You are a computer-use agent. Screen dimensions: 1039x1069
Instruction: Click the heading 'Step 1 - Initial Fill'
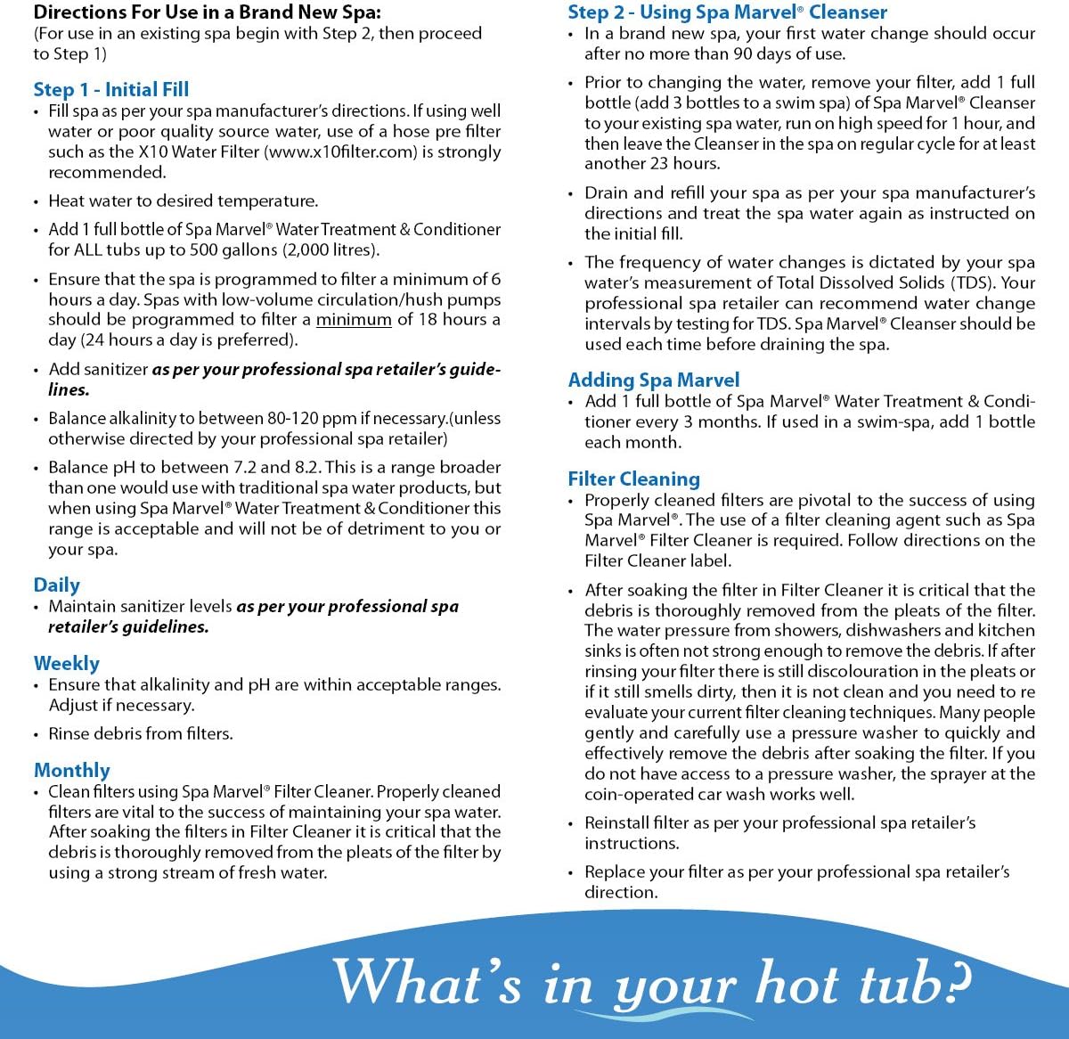(x=111, y=89)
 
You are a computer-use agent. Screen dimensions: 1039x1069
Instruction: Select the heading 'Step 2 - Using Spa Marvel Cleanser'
(x=727, y=12)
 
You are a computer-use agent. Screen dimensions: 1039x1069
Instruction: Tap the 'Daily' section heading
(x=57, y=585)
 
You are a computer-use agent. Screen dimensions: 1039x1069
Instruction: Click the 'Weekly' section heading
(x=67, y=663)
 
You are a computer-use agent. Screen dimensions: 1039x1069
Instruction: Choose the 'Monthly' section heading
(x=72, y=770)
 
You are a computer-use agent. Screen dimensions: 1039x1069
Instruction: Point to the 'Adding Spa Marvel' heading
(x=654, y=380)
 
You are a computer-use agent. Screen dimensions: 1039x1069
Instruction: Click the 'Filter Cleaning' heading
(x=634, y=479)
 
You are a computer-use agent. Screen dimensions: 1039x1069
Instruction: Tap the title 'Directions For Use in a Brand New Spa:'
(x=207, y=13)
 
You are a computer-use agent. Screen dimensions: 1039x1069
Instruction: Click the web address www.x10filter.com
(x=340, y=151)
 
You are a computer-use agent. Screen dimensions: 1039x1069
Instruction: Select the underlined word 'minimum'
(x=354, y=320)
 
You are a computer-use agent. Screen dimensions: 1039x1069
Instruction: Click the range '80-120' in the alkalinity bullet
(x=272, y=418)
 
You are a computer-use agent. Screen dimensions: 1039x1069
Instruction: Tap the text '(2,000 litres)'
(x=330, y=250)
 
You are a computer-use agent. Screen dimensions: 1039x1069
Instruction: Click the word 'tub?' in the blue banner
(x=913, y=983)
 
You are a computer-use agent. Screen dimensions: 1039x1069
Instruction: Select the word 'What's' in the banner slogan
(x=427, y=983)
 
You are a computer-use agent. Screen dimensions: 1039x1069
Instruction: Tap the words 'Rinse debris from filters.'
(x=141, y=733)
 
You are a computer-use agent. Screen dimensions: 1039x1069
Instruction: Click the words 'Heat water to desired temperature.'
(x=183, y=200)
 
